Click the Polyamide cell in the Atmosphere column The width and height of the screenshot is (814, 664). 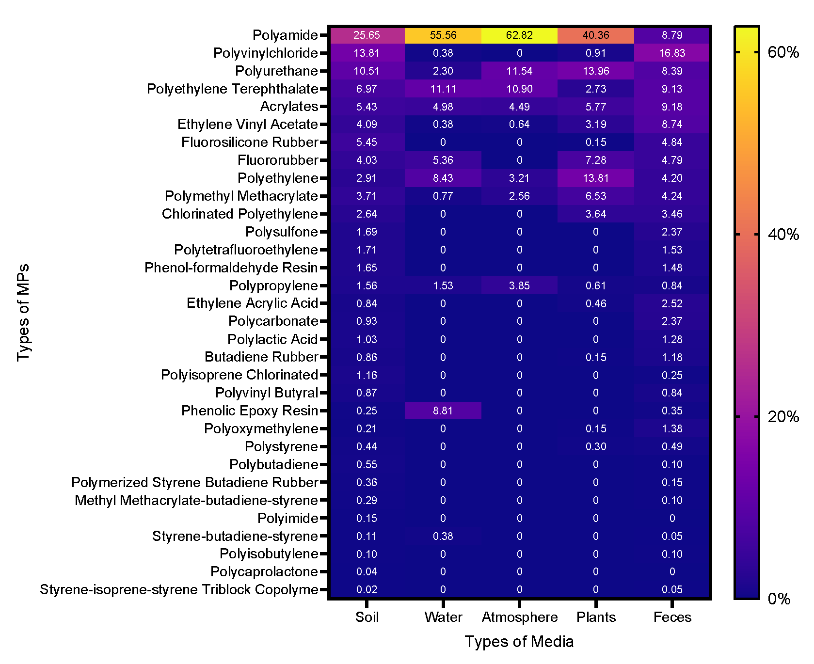click(519, 35)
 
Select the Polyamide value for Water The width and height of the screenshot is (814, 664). click(443, 35)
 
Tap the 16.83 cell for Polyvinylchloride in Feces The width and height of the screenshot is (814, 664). click(672, 53)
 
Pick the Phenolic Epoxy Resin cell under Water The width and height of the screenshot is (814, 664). click(443, 411)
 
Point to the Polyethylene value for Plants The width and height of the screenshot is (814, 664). click(596, 178)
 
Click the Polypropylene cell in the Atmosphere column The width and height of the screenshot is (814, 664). click(519, 285)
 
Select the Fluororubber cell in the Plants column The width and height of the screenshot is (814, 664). click(596, 160)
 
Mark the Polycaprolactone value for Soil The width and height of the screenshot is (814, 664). click(367, 572)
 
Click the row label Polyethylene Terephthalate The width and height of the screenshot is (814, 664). click(232, 89)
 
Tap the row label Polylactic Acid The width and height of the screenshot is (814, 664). click(272, 339)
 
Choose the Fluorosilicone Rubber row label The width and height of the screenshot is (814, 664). click(250, 142)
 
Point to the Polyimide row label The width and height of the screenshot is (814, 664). click(287, 518)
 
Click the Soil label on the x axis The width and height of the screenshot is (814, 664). click(367, 617)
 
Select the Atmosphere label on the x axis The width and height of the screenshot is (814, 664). click(520, 617)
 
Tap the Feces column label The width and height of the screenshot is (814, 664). click(672, 617)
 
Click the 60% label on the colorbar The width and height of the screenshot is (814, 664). click(783, 52)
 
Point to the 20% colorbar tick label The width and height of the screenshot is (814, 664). click(783, 417)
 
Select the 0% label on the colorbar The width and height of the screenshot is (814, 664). click(779, 599)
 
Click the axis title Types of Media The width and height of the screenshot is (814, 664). click(519, 642)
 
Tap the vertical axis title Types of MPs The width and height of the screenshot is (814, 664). click(23, 313)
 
